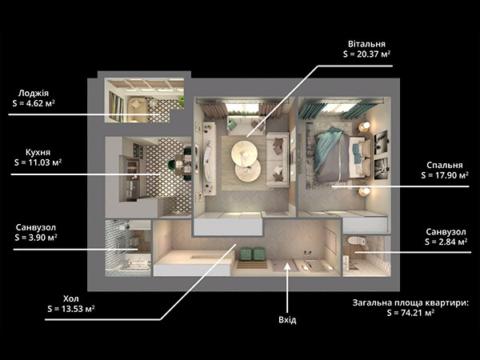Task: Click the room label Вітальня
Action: point(366,44)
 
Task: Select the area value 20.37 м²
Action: point(374,54)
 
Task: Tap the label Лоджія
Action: point(34,93)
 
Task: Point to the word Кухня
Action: point(38,152)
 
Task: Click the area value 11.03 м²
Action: point(45,162)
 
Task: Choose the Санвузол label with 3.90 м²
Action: point(36,227)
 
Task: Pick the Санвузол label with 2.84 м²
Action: point(446,232)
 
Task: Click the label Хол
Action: point(70,298)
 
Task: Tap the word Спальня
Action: point(445,166)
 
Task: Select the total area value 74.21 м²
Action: point(418,313)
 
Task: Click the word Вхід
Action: point(287,320)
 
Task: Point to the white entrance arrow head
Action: point(287,266)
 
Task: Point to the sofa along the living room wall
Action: point(278,159)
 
